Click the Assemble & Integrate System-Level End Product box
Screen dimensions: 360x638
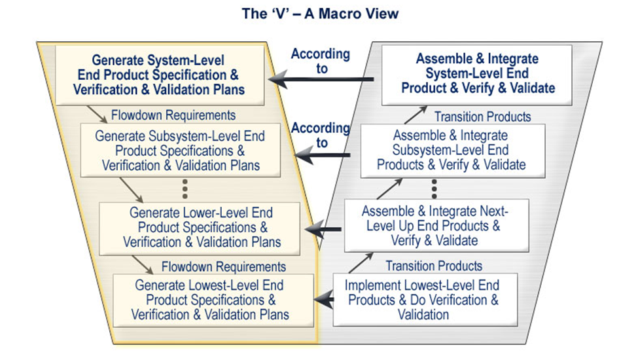click(x=478, y=74)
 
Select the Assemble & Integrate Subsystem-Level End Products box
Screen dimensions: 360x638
click(x=451, y=151)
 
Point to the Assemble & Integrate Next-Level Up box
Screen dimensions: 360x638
click(x=435, y=226)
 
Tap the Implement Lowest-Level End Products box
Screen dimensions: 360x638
click(x=425, y=300)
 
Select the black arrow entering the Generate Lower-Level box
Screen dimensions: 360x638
click(x=325, y=229)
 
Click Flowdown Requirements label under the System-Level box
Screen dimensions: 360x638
click(x=173, y=115)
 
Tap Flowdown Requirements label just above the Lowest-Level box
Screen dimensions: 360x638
click(x=223, y=266)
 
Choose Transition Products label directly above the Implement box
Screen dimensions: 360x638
click(x=434, y=266)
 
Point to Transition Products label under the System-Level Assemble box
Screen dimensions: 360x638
click(x=483, y=117)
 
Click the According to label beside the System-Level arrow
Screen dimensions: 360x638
click(x=320, y=61)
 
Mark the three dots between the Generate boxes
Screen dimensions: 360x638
click(x=185, y=189)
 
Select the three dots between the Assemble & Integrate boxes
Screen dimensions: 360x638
click(x=435, y=189)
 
